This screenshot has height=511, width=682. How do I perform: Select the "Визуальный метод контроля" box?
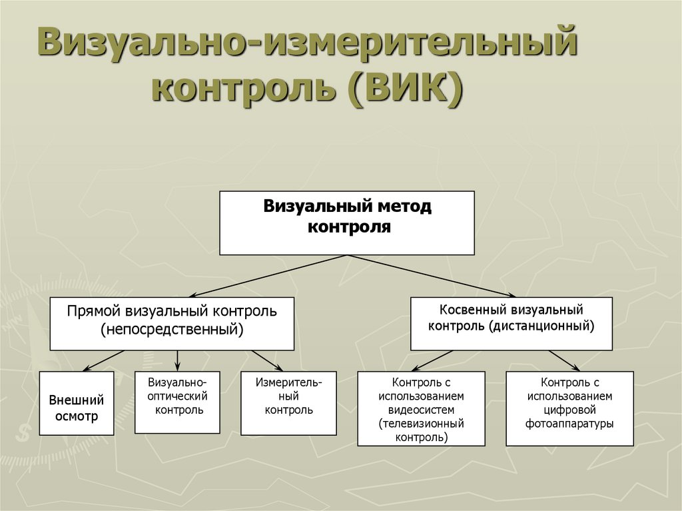click(347, 223)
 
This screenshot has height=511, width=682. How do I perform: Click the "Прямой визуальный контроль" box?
click(172, 323)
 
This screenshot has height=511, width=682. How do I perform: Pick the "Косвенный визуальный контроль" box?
click(511, 323)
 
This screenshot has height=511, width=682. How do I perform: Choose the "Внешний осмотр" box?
click(77, 403)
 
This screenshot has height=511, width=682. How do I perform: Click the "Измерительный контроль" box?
click(288, 402)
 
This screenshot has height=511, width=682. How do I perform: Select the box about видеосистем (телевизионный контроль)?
click(422, 408)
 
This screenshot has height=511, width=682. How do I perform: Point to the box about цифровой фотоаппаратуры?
click(569, 408)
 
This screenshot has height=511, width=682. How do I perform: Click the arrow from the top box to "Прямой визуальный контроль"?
click(266, 276)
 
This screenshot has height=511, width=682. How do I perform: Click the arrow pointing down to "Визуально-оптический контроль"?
click(178, 360)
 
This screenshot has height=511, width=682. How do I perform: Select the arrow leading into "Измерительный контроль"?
click(266, 360)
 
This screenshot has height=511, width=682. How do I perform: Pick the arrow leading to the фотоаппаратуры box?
click(563, 360)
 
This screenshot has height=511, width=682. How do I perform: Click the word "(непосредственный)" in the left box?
click(172, 330)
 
